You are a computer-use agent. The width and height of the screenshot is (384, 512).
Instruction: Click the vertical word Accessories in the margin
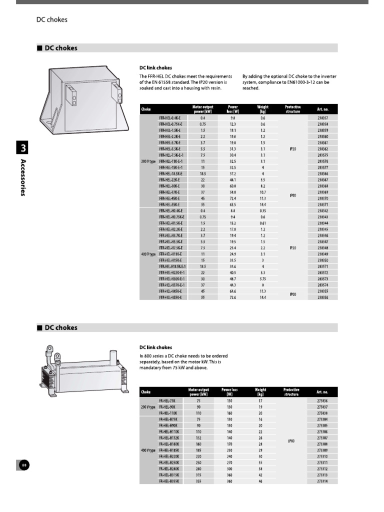(x=23, y=177)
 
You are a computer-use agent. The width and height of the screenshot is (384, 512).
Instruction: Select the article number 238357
(x=322, y=117)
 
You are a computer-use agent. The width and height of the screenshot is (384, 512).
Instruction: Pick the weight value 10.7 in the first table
(x=262, y=192)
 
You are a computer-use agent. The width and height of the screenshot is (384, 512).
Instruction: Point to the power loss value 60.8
(x=232, y=186)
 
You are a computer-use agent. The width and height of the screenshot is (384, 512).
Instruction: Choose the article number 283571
(x=322, y=266)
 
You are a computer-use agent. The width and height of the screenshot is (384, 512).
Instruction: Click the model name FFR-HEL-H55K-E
(x=170, y=297)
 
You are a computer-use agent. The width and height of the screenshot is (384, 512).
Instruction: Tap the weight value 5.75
(x=262, y=279)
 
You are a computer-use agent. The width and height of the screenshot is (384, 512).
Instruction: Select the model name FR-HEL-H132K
(x=169, y=437)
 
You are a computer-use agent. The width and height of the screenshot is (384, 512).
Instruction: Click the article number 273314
(x=322, y=481)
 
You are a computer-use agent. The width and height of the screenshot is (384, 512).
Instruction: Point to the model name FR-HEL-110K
(x=168, y=413)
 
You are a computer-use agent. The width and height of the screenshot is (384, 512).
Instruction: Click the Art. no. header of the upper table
(x=322, y=108)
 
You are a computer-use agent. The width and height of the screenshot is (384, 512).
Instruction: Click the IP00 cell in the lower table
(x=291, y=441)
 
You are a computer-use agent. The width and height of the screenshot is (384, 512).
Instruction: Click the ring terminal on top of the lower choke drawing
(x=50, y=349)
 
